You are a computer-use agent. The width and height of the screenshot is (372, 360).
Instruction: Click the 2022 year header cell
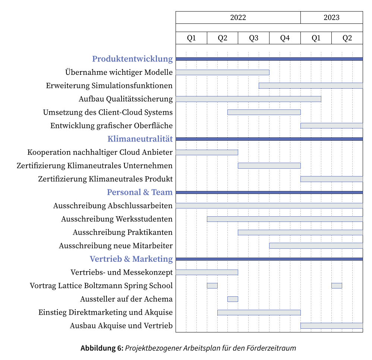pos(238,17)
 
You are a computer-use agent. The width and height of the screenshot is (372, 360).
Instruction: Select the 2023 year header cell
pos(331,17)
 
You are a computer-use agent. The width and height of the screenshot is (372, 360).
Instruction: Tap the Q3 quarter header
pos(253,38)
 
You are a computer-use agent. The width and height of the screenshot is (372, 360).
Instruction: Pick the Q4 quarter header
pos(285,38)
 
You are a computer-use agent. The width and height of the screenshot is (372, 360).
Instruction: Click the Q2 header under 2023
pos(347,38)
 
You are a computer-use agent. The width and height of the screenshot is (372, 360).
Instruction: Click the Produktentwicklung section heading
pos(132,59)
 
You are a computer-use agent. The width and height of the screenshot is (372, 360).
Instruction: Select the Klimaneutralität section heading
pos(140,139)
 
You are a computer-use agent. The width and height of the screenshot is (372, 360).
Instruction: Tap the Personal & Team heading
pos(140,192)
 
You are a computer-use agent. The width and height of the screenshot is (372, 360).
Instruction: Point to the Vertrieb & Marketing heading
pos(131,259)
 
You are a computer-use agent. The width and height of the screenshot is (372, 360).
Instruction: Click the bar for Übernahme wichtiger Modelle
pos(222,72)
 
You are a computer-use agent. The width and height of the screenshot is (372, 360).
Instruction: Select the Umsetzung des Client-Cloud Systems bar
pos(264,112)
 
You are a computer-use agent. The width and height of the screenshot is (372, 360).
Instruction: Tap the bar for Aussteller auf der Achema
pos(233,299)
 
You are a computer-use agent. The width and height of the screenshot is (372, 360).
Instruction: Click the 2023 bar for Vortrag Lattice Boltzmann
pos(337,286)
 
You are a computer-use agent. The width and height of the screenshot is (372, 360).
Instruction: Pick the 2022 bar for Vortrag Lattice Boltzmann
pos(212,286)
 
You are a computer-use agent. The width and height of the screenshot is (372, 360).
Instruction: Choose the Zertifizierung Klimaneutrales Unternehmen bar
pos(269,166)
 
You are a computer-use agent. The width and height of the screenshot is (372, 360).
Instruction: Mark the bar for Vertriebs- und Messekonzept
pos(207,272)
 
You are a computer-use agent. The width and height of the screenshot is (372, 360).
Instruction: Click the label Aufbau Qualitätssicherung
pos(126,99)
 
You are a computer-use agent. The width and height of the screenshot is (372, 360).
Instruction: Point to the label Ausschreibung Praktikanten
pos(123,232)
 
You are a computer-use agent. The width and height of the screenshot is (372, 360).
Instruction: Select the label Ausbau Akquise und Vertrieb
pos(121,326)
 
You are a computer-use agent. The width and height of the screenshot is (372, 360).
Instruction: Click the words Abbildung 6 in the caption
pos(101,348)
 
